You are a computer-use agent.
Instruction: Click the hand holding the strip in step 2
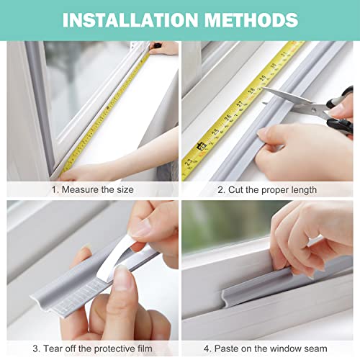coord(302,151)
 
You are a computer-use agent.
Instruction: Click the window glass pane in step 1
coord(86,79)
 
